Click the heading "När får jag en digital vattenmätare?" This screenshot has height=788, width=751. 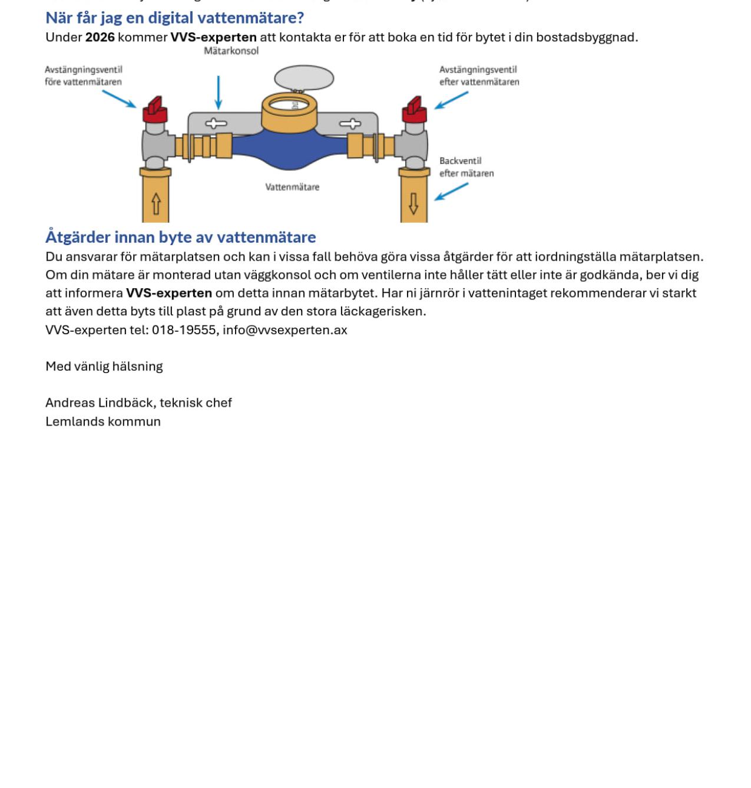[x=174, y=18]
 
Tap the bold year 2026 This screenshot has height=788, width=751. [x=100, y=37]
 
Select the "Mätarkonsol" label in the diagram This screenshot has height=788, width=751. [x=231, y=51]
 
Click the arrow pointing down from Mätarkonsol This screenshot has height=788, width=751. [x=219, y=93]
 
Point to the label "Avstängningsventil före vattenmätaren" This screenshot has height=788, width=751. [x=84, y=76]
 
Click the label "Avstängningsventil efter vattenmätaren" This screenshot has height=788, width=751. [x=479, y=76]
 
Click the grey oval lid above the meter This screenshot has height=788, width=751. [x=304, y=78]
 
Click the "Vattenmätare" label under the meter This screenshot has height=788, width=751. [x=292, y=187]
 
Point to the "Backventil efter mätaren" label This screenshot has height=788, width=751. [x=466, y=167]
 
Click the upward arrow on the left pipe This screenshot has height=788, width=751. [x=156, y=204]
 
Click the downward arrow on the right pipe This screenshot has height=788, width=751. [x=413, y=203]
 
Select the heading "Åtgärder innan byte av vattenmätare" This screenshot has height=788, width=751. [x=180, y=237]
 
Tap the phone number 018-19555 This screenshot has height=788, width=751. [x=184, y=330]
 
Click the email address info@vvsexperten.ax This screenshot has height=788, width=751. [x=285, y=330]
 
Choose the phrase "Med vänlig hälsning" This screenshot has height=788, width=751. [x=104, y=367]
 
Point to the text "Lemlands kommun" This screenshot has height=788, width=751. [x=103, y=422]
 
